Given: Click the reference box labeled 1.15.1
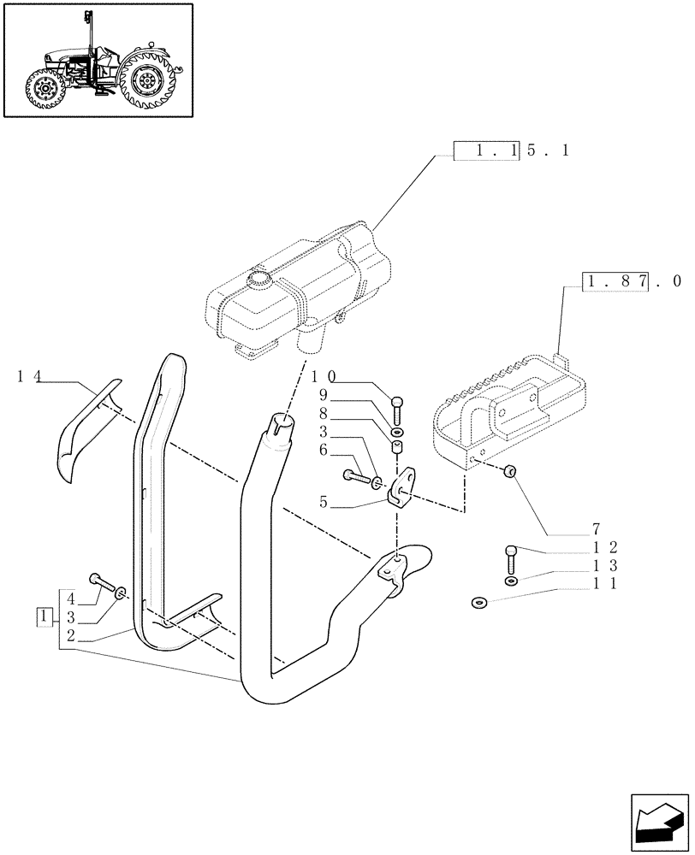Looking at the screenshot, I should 510,150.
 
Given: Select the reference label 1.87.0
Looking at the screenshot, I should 632,280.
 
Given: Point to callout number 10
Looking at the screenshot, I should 323,376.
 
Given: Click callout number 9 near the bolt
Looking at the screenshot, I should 324,395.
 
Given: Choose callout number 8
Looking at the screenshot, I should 324,414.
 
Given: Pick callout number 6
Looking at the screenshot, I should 324,450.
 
